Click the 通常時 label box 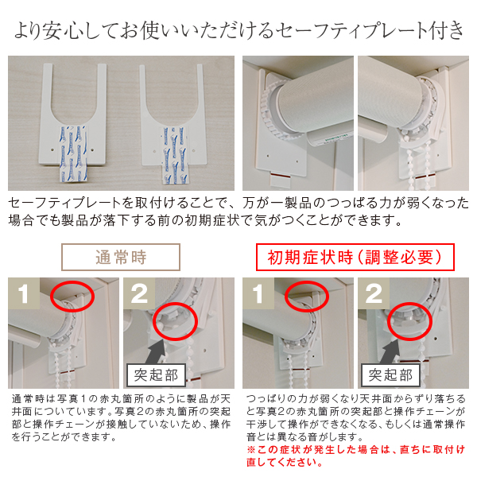121,257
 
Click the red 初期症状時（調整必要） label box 355,257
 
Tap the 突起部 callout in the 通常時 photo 156,375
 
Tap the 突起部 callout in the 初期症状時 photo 390,375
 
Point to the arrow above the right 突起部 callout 391,351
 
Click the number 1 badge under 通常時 24,293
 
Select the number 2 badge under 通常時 139,293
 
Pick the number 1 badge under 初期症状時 258,293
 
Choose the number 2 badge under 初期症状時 374,293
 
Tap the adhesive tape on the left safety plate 73,153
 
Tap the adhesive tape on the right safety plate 173,155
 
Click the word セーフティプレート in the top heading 349,30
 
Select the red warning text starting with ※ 356,456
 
